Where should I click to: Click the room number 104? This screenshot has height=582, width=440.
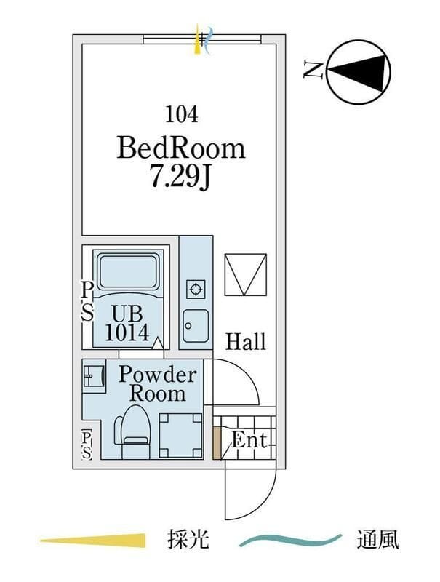[181, 113]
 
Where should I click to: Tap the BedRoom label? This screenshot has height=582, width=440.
[181, 148]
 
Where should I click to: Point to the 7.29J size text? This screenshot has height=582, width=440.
[180, 178]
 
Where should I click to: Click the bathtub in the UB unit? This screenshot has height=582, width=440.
[127, 271]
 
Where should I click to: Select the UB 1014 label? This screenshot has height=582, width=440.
[127, 323]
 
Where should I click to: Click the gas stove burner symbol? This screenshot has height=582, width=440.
[196, 288]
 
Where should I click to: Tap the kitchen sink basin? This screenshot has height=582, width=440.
[196, 325]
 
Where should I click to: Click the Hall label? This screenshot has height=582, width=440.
[246, 341]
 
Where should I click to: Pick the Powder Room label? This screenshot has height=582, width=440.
[157, 384]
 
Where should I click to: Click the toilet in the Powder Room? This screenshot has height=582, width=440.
[132, 431]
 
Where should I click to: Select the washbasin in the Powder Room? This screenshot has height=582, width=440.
[94, 376]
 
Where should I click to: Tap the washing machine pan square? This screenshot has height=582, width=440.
[180, 435]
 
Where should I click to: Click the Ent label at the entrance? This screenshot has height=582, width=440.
[249, 440]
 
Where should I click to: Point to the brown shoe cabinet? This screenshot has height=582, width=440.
[217, 443]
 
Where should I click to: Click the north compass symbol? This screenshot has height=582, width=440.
[359, 71]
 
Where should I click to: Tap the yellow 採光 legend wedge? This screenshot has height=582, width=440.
[93, 540]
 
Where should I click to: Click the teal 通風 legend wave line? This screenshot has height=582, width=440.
[290, 540]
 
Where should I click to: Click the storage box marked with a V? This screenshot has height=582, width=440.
[246, 274]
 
